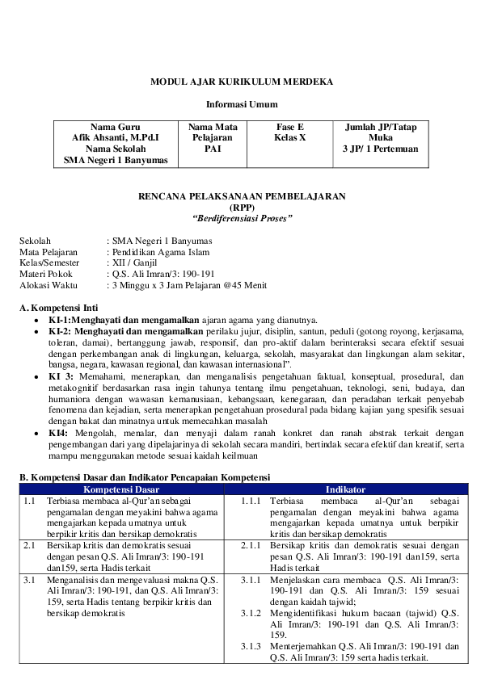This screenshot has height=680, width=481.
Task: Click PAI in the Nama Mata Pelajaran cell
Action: pos(213,149)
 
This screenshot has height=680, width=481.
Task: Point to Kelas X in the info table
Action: pos(289,138)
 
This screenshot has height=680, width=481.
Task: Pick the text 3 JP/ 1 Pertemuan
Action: pos(380,149)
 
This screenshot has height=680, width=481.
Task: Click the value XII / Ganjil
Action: pos(136,262)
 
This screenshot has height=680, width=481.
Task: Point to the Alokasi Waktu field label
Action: pos(49,285)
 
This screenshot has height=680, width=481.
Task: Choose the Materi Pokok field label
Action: pos(46,274)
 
